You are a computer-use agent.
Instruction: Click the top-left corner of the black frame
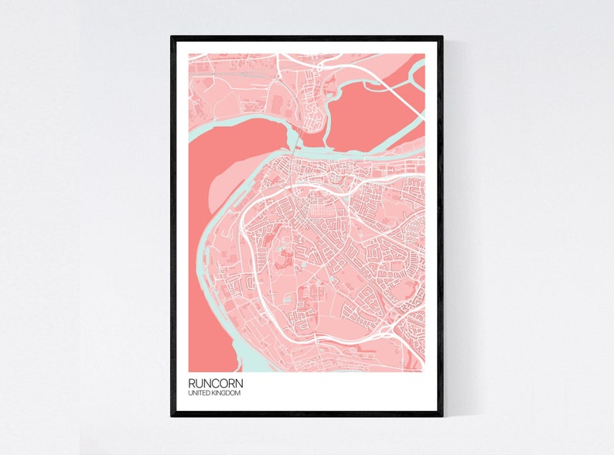click(172, 36)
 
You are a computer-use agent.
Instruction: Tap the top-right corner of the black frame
click(442, 36)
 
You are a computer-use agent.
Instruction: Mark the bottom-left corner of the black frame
click(172, 416)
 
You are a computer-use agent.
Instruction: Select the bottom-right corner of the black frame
click(442, 416)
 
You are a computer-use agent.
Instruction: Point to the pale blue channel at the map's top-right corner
click(418, 74)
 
